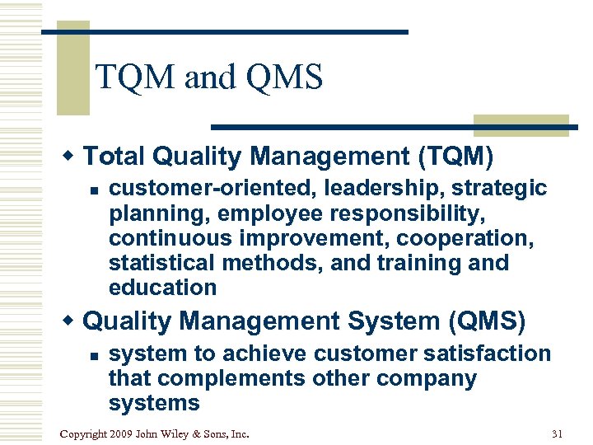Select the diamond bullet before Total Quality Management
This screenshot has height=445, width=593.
[x=72, y=156]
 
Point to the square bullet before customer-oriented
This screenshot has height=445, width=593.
[x=94, y=190]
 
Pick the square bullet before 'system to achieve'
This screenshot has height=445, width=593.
[x=94, y=354]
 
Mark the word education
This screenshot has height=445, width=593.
[x=162, y=288]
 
